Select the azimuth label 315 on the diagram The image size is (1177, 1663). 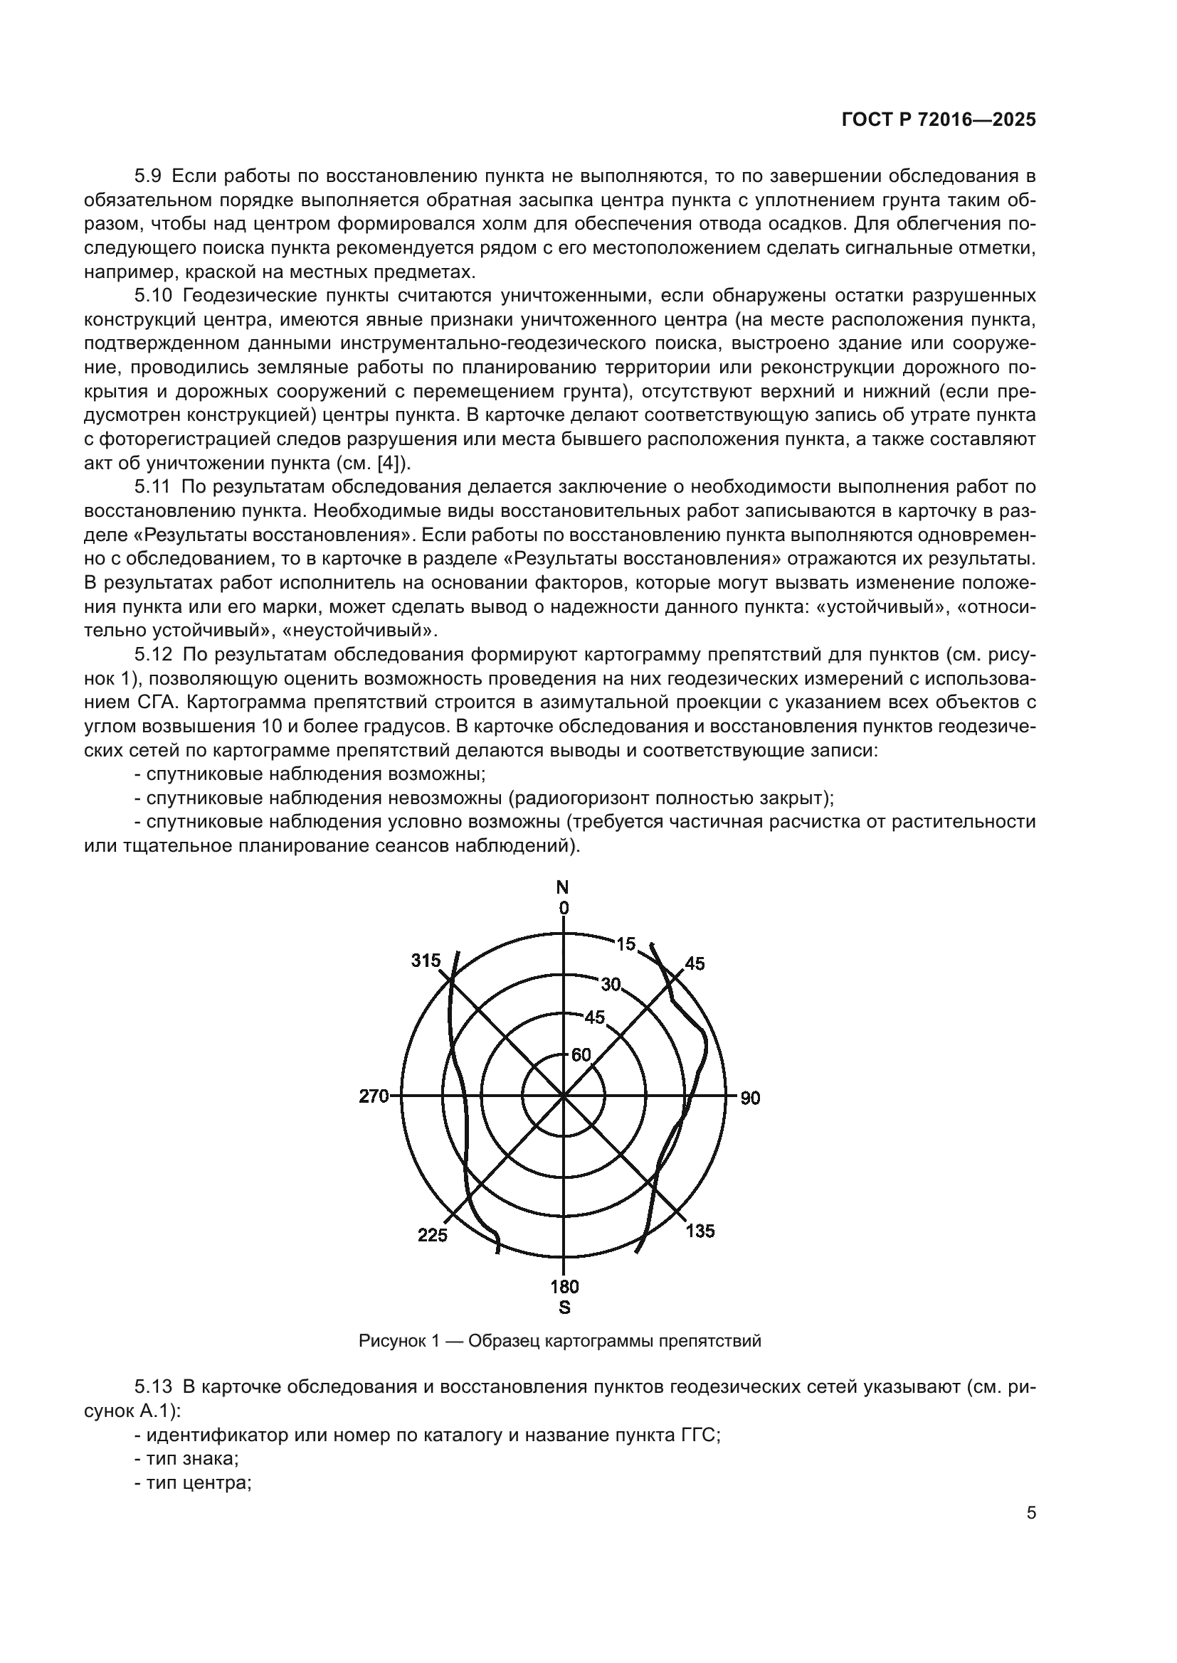(426, 961)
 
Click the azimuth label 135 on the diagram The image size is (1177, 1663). (700, 1231)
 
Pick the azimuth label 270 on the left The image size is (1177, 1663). (374, 1096)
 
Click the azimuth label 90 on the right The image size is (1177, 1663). (750, 1098)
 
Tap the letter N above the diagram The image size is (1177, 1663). (562, 887)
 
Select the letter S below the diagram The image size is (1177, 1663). (564, 1308)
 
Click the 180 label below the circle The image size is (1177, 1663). (564, 1287)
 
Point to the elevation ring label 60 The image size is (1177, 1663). (581, 1055)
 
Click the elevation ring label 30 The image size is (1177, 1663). (611, 983)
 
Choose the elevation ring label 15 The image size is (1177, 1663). (626, 943)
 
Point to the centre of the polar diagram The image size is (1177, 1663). (563, 1096)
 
